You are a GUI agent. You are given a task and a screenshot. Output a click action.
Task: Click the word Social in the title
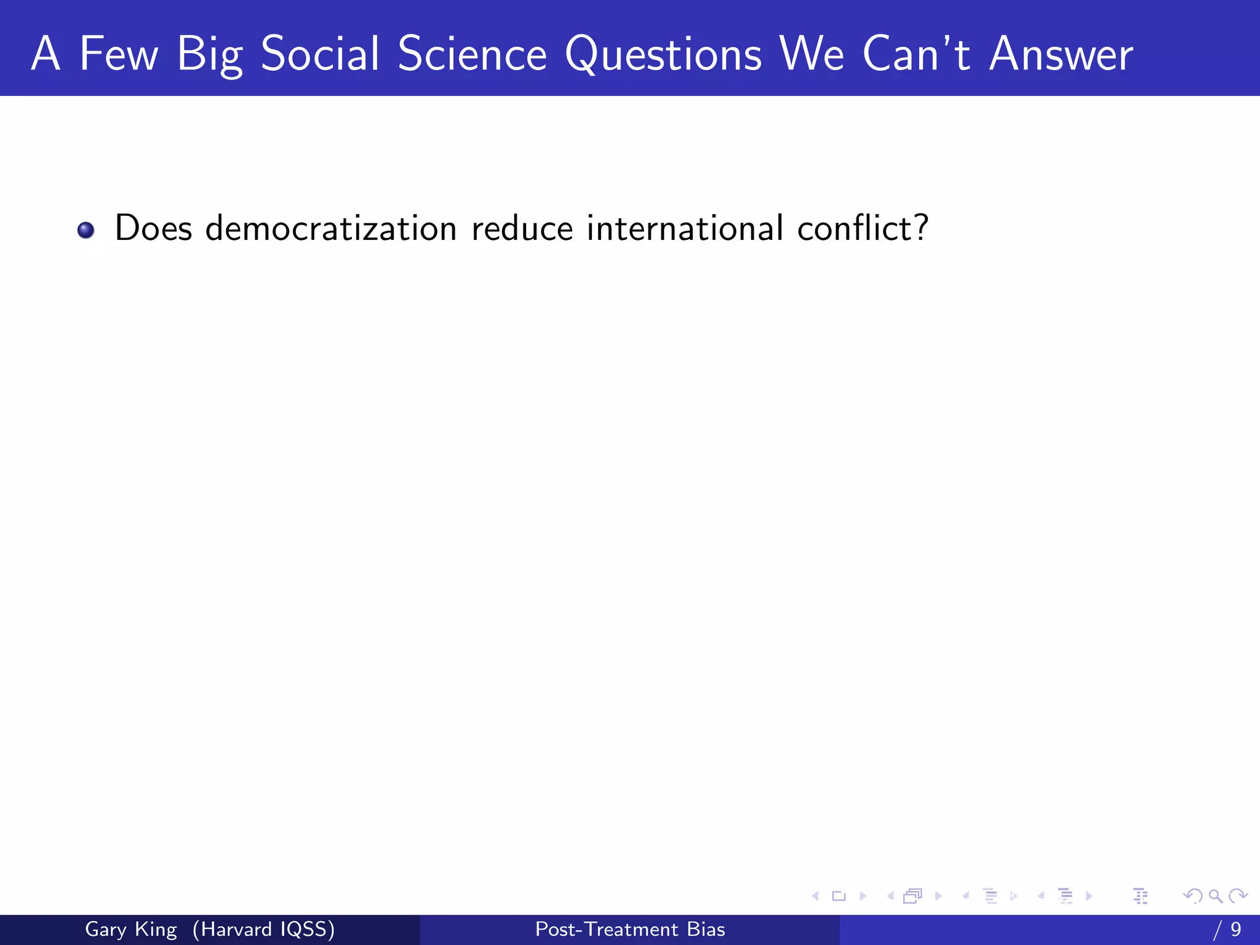point(320,54)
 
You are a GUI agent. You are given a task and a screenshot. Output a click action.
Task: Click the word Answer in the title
point(1061,54)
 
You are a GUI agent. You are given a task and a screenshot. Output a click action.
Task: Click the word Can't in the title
point(916,54)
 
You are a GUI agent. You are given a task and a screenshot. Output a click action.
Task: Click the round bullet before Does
point(86,230)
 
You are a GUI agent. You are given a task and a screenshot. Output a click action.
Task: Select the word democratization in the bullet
point(330,228)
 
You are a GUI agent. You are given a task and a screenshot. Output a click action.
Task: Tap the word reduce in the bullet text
point(522,228)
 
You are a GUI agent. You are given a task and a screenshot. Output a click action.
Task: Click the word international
point(685,228)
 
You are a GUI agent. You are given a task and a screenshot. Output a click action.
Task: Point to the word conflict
point(862,228)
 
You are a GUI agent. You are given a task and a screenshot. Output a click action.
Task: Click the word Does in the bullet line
point(153,228)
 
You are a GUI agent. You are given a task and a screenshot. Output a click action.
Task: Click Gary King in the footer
point(130,929)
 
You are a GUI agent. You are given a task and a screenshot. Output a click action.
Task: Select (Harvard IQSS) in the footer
point(263,929)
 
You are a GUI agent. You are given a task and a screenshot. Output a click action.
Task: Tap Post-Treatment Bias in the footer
point(630,929)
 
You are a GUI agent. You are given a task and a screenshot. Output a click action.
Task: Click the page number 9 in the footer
point(1235,929)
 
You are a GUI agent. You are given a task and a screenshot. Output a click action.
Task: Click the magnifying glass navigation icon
point(1215,896)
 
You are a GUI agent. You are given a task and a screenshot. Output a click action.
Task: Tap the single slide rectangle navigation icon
point(839,896)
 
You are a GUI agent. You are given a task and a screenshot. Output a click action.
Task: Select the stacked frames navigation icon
point(913,896)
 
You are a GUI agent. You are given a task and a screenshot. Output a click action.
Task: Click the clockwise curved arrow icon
point(1238,896)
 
